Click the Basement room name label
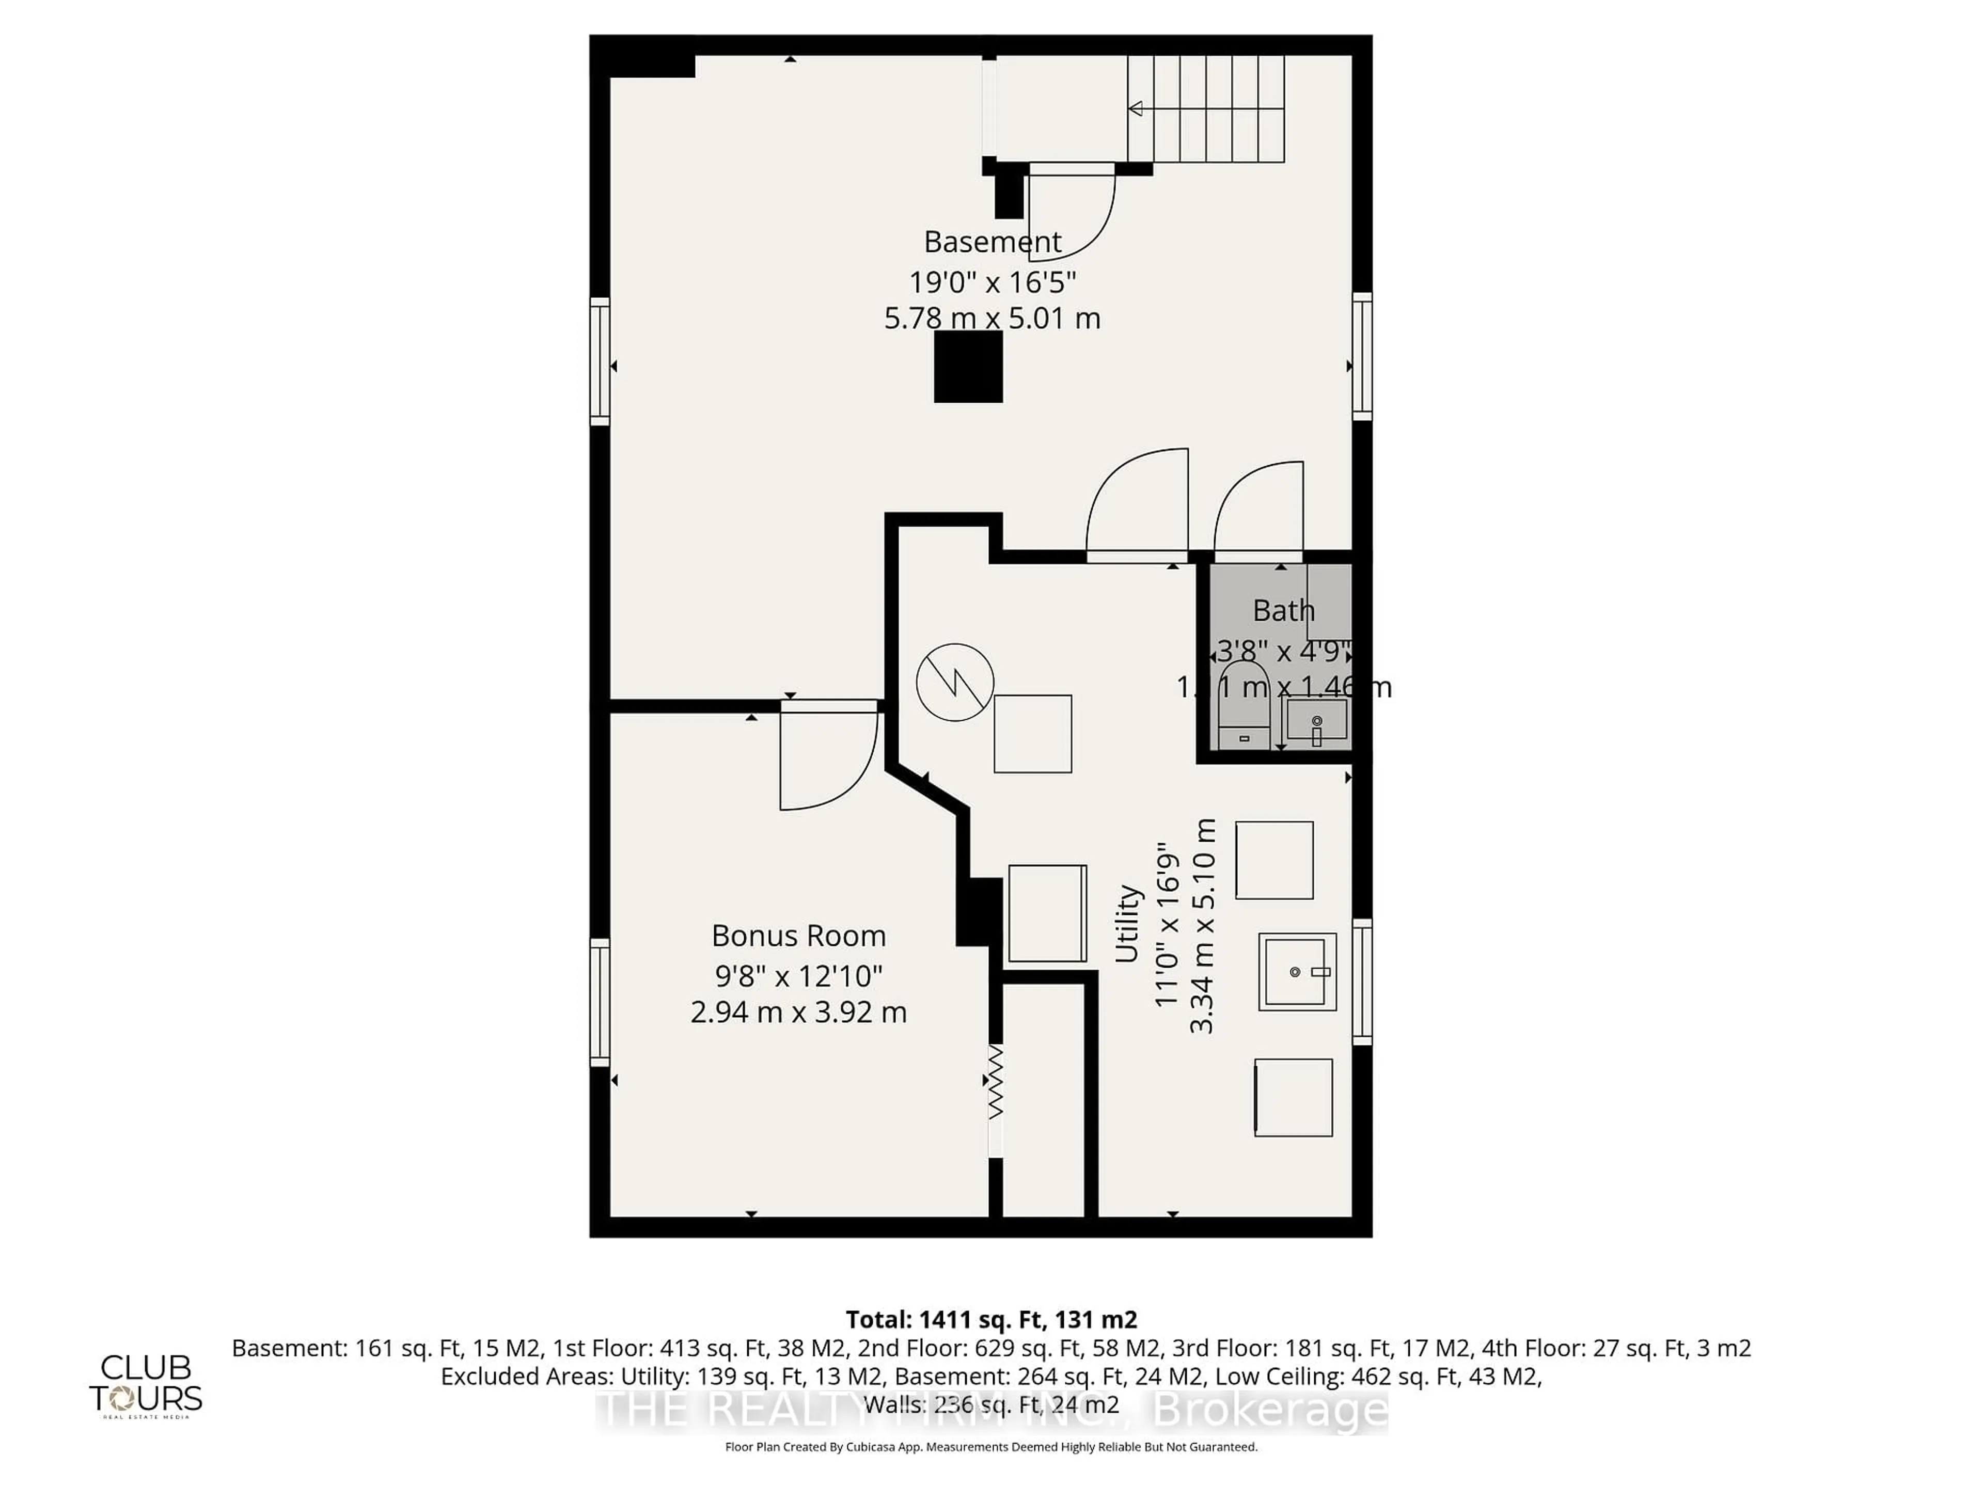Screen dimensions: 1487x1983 993,242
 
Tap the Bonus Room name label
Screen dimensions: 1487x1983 798,936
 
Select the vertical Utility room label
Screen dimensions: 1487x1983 1127,923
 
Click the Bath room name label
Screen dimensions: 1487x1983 1283,610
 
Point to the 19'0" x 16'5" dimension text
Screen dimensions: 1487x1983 993,282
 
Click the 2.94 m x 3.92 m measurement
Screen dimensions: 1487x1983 798,1012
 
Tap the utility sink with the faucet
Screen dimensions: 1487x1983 1296,972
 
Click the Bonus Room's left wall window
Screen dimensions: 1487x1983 599,1002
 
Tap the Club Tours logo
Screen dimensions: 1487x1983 145,1385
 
